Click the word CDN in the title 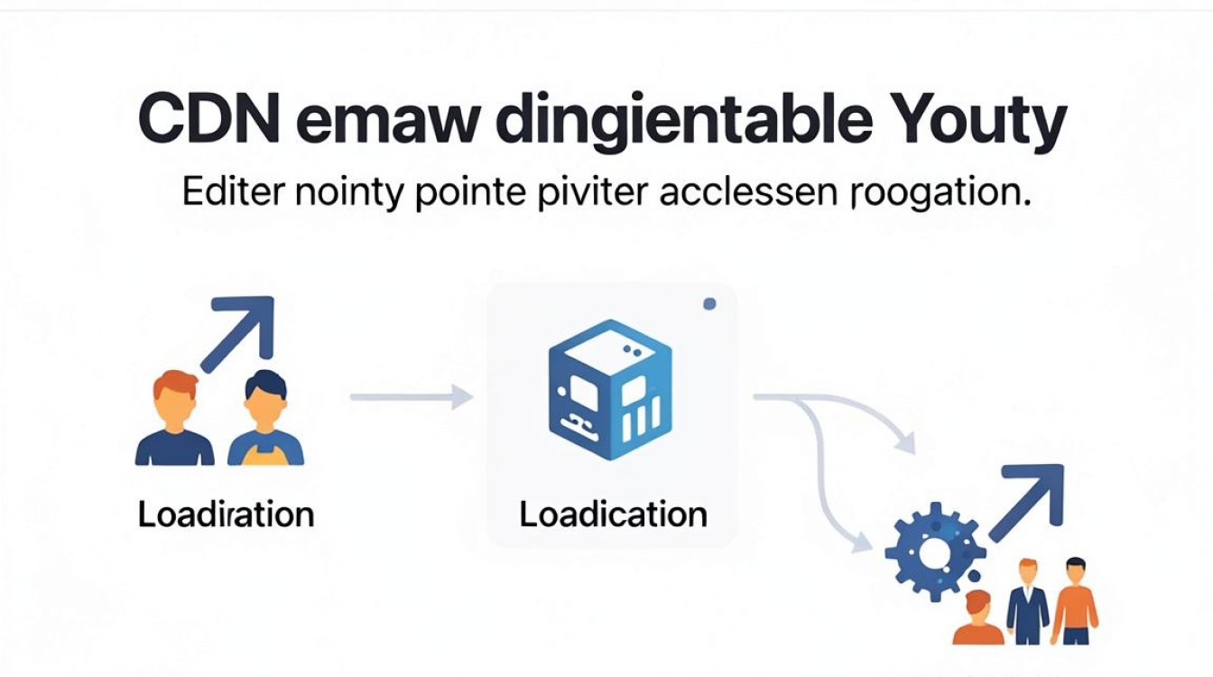coord(209,119)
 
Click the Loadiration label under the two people coord(226,514)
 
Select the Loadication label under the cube coord(614,514)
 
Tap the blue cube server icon coord(610,389)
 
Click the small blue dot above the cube coord(709,304)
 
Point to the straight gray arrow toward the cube coord(412,397)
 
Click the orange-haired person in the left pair coord(175,418)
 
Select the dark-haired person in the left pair coord(265,418)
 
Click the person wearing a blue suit coord(1027,602)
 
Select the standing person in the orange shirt coord(1075,600)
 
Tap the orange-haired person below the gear coord(978,617)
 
